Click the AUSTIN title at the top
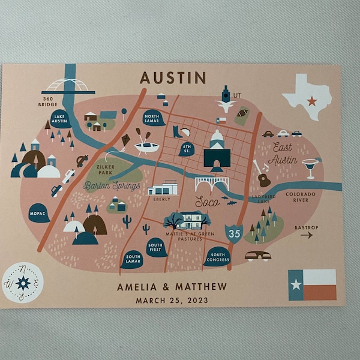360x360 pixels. [x=173, y=77]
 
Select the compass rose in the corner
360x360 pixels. [x=23, y=282]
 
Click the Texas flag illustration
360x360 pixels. [x=312, y=284]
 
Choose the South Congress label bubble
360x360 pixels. [x=217, y=257]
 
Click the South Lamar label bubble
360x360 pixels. [x=132, y=259]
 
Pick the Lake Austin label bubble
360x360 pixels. [x=59, y=118]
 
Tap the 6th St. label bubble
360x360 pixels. [x=186, y=149]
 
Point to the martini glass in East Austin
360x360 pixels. [x=310, y=167]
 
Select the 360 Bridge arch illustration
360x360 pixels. [x=67, y=85]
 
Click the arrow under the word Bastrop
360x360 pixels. [x=307, y=236]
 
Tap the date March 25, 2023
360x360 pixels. [x=172, y=300]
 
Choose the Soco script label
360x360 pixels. [x=207, y=202]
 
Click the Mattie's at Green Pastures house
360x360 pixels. [x=191, y=220]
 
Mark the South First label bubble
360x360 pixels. [x=156, y=247]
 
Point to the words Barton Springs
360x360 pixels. [x=112, y=186]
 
